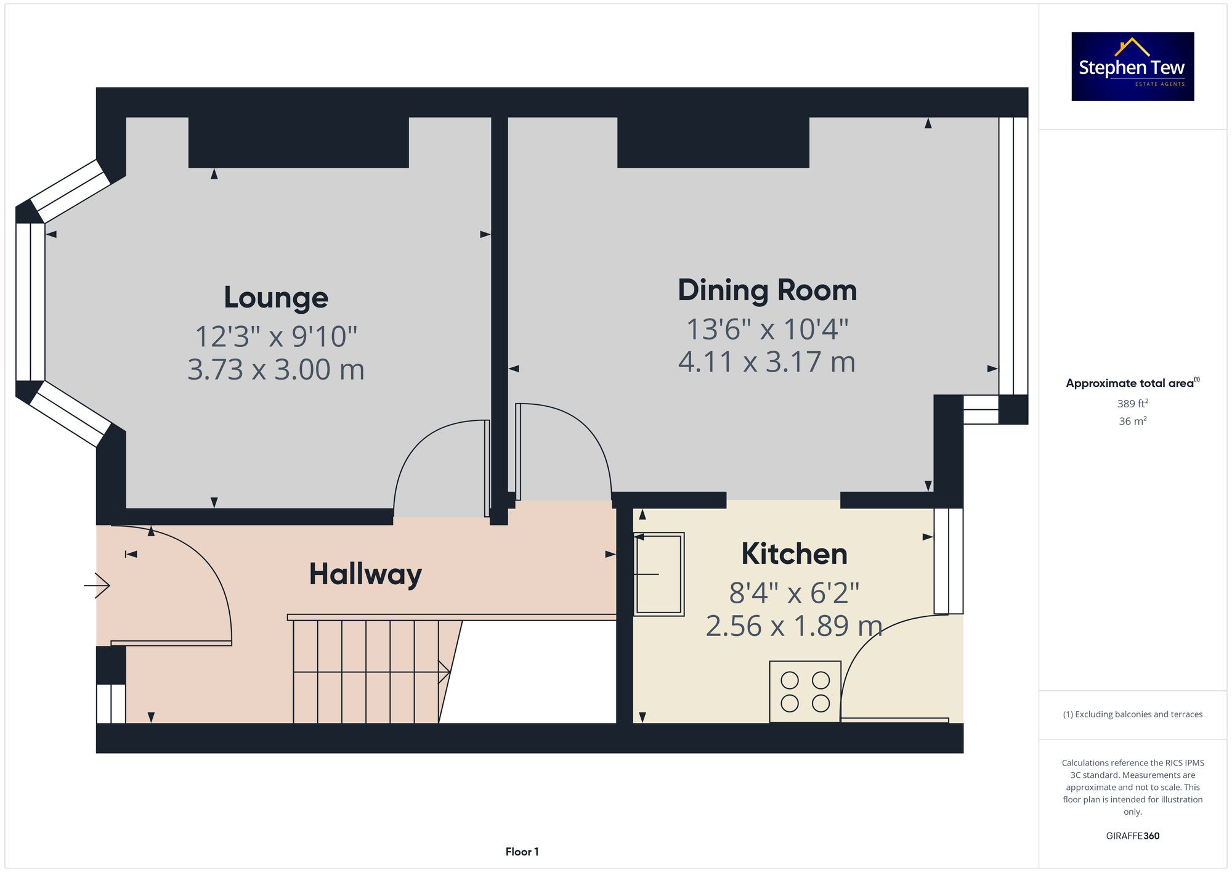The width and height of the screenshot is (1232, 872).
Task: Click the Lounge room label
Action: [276, 298]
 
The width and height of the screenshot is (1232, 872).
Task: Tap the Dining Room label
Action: [767, 290]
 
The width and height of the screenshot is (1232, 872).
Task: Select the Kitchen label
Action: [794, 554]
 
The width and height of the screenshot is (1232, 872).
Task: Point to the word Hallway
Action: [365, 574]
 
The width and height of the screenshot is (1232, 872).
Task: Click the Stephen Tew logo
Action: [1132, 67]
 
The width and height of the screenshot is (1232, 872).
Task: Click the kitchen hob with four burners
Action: [804, 691]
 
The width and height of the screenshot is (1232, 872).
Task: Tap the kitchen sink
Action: [659, 574]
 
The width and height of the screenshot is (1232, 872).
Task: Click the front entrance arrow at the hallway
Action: [97, 585]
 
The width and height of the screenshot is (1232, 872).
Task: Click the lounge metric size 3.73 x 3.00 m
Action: [276, 370]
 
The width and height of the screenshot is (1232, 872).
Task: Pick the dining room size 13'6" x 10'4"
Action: [767, 329]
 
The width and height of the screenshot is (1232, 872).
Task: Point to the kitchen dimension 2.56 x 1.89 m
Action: [794, 626]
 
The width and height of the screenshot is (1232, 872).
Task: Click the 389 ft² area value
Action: [1132, 404]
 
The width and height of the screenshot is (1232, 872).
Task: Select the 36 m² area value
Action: [1132, 422]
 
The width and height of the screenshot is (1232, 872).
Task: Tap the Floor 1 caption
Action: [522, 852]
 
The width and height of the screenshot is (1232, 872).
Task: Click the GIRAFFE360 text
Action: [1132, 836]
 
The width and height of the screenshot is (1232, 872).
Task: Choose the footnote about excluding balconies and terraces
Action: [1132, 714]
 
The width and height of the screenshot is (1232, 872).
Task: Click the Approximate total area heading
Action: [1132, 383]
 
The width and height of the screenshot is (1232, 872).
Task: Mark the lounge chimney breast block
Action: [298, 142]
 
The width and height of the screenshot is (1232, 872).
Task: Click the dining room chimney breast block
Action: [713, 142]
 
